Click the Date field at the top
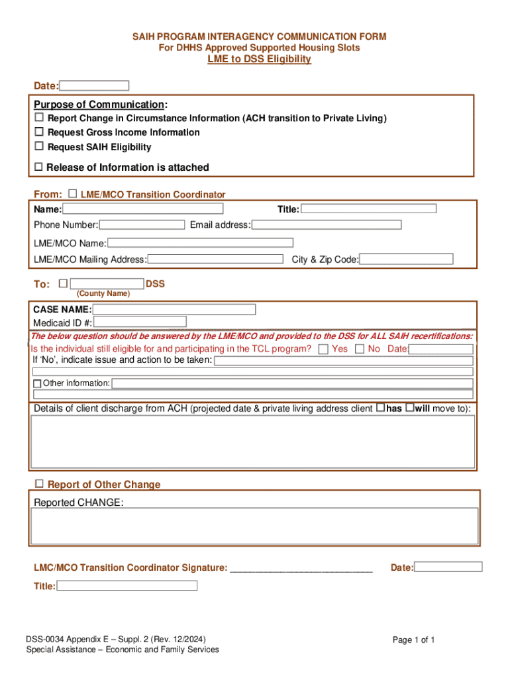(95, 85)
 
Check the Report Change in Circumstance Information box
(39, 117)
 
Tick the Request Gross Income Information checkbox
(39, 132)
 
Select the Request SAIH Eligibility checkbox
(39, 146)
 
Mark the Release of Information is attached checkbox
(38, 167)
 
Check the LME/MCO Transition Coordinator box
(72, 193)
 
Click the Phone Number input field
(142, 224)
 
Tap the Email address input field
(327, 224)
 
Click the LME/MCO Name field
(200, 243)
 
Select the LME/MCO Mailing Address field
(215, 259)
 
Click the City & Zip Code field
(406, 259)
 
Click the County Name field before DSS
(107, 283)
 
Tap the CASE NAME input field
(174, 309)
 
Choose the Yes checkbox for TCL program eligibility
(323, 349)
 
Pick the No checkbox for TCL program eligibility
(360, 349)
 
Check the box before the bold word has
(380, 408)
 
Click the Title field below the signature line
(127, 585)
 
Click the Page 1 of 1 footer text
(413, 640)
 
